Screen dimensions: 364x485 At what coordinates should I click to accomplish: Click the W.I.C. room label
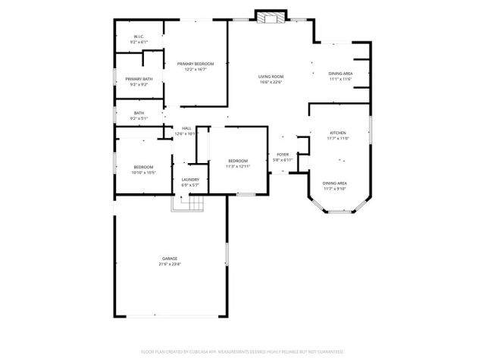click(139, 36)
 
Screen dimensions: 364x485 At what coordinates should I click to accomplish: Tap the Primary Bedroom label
click(196, 64)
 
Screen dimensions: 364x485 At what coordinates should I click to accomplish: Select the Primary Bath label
click(139, 79)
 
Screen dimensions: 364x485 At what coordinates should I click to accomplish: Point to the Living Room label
click(271, 77)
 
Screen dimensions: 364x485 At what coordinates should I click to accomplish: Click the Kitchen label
click(337, 133)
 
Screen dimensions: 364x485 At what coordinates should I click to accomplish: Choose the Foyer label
click(283, 154)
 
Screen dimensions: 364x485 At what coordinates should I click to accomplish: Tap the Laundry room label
click(189, 180)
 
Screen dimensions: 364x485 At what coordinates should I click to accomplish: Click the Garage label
click(169, 259)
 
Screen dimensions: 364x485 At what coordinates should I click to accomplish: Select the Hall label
click(186, 128)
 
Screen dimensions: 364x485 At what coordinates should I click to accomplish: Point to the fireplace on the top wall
click(271, 17)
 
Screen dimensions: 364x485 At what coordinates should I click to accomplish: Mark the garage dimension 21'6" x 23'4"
click(170, 265)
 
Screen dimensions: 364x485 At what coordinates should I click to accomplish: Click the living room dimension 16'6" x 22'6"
click(271, 82)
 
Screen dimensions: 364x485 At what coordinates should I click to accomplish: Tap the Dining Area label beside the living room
click(340, 74)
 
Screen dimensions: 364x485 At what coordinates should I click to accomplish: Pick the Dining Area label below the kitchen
click(335, 184)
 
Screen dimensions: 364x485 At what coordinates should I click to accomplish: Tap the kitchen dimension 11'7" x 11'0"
click(337, 139)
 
